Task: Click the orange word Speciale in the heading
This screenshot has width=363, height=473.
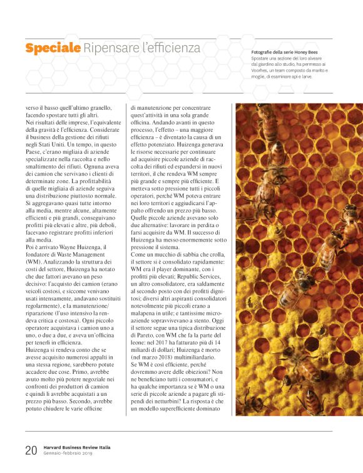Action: (53, 48)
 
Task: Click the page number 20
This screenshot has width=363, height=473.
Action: (31, 450)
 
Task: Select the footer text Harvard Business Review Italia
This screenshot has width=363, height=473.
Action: (77, 447)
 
